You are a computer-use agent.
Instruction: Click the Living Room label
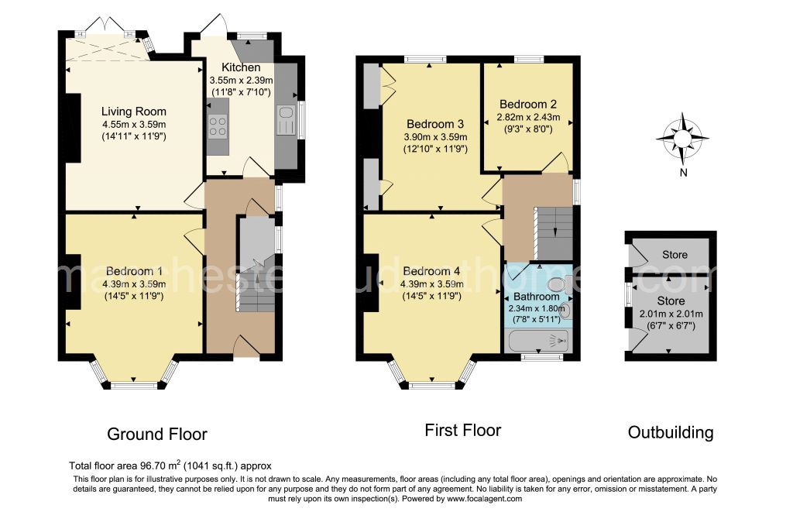(133, 112)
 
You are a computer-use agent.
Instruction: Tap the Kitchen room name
(242, 67)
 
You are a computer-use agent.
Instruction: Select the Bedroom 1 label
(130, 271)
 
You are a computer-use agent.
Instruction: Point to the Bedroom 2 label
(528, 105)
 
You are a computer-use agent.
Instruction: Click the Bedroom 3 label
(435, 124)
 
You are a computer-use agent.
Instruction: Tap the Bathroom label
(536, 297)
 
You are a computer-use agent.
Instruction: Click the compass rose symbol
(682, 138)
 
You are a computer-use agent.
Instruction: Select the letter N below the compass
(683, 173)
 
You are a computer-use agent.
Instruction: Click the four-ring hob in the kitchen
(218, 126)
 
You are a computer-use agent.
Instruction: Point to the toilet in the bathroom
(559, 283)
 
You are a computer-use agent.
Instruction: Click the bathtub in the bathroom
(537, 341)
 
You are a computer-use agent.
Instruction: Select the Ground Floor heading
(157, 434)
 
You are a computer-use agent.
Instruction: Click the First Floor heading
(463, 431)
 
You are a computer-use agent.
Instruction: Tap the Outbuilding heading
(671, 432)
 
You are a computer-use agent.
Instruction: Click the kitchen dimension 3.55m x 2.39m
(242, 81)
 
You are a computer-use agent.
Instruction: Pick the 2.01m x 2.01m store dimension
(671, 314)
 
